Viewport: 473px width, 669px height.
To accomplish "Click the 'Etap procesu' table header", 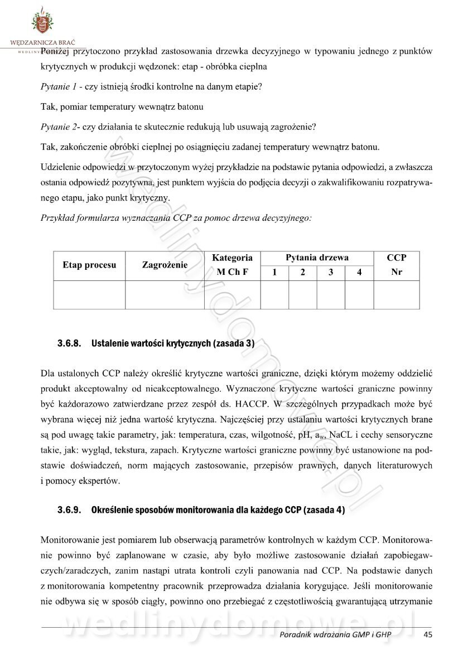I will [89, 265].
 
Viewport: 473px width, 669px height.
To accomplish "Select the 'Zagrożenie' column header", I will [165, 265].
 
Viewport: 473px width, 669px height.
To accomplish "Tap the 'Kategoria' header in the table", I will [232, 258].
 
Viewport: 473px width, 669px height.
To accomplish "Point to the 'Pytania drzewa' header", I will [317, 258].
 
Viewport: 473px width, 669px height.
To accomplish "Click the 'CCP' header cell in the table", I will [397, 258].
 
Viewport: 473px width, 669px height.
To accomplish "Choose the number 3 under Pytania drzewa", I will [331, 273].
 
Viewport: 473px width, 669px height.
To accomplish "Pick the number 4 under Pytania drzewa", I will [359, 273].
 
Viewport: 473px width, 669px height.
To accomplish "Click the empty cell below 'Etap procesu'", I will [89, 294].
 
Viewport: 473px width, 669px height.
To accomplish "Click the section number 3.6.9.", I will [70, 510].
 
